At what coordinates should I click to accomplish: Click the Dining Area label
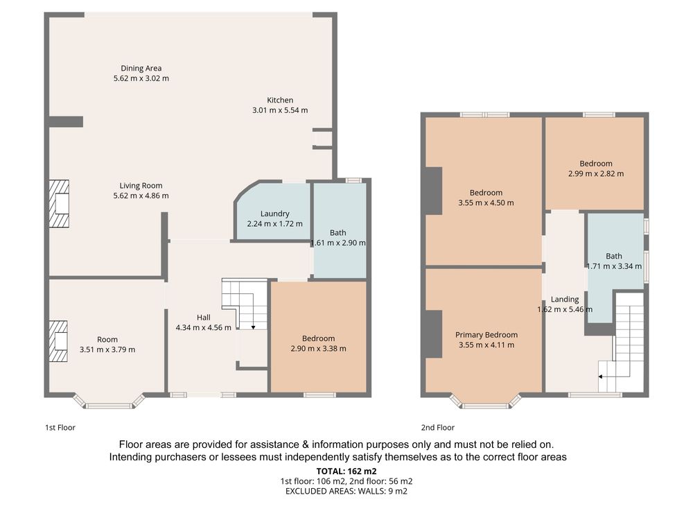tap(141, 68)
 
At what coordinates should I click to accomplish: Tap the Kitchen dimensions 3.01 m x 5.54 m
tap(280, 110)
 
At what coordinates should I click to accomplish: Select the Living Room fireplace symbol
tap(59, 203)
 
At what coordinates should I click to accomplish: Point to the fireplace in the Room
tap(58, 341)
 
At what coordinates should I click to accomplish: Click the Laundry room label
tap(274, 214)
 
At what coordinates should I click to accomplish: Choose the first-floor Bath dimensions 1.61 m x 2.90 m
tap(338, 243)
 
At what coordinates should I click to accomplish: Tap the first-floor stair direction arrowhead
tap(253, 327)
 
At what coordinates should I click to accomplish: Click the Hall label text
tap(203, 318)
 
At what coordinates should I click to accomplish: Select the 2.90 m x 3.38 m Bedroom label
tap(318, 338)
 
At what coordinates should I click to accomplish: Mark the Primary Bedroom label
tap(486, 335)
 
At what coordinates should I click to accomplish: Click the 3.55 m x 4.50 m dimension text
tap(486, 203)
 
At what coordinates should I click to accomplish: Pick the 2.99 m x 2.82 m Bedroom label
tap(596, 164)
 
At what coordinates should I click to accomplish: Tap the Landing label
tap(564, 300)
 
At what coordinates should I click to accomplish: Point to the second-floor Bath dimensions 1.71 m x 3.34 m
tap(614, 266)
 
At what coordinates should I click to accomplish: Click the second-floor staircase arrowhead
tap(601, 376)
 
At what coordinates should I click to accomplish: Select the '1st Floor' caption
tap(60, 428)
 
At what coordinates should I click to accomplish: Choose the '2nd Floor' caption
tap(437, 428)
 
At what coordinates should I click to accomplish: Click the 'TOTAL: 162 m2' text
tap(346, 471)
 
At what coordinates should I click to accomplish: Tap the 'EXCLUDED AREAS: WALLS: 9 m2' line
tap(346, 491)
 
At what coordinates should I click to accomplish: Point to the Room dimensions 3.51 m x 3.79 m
tap(107, 349)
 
